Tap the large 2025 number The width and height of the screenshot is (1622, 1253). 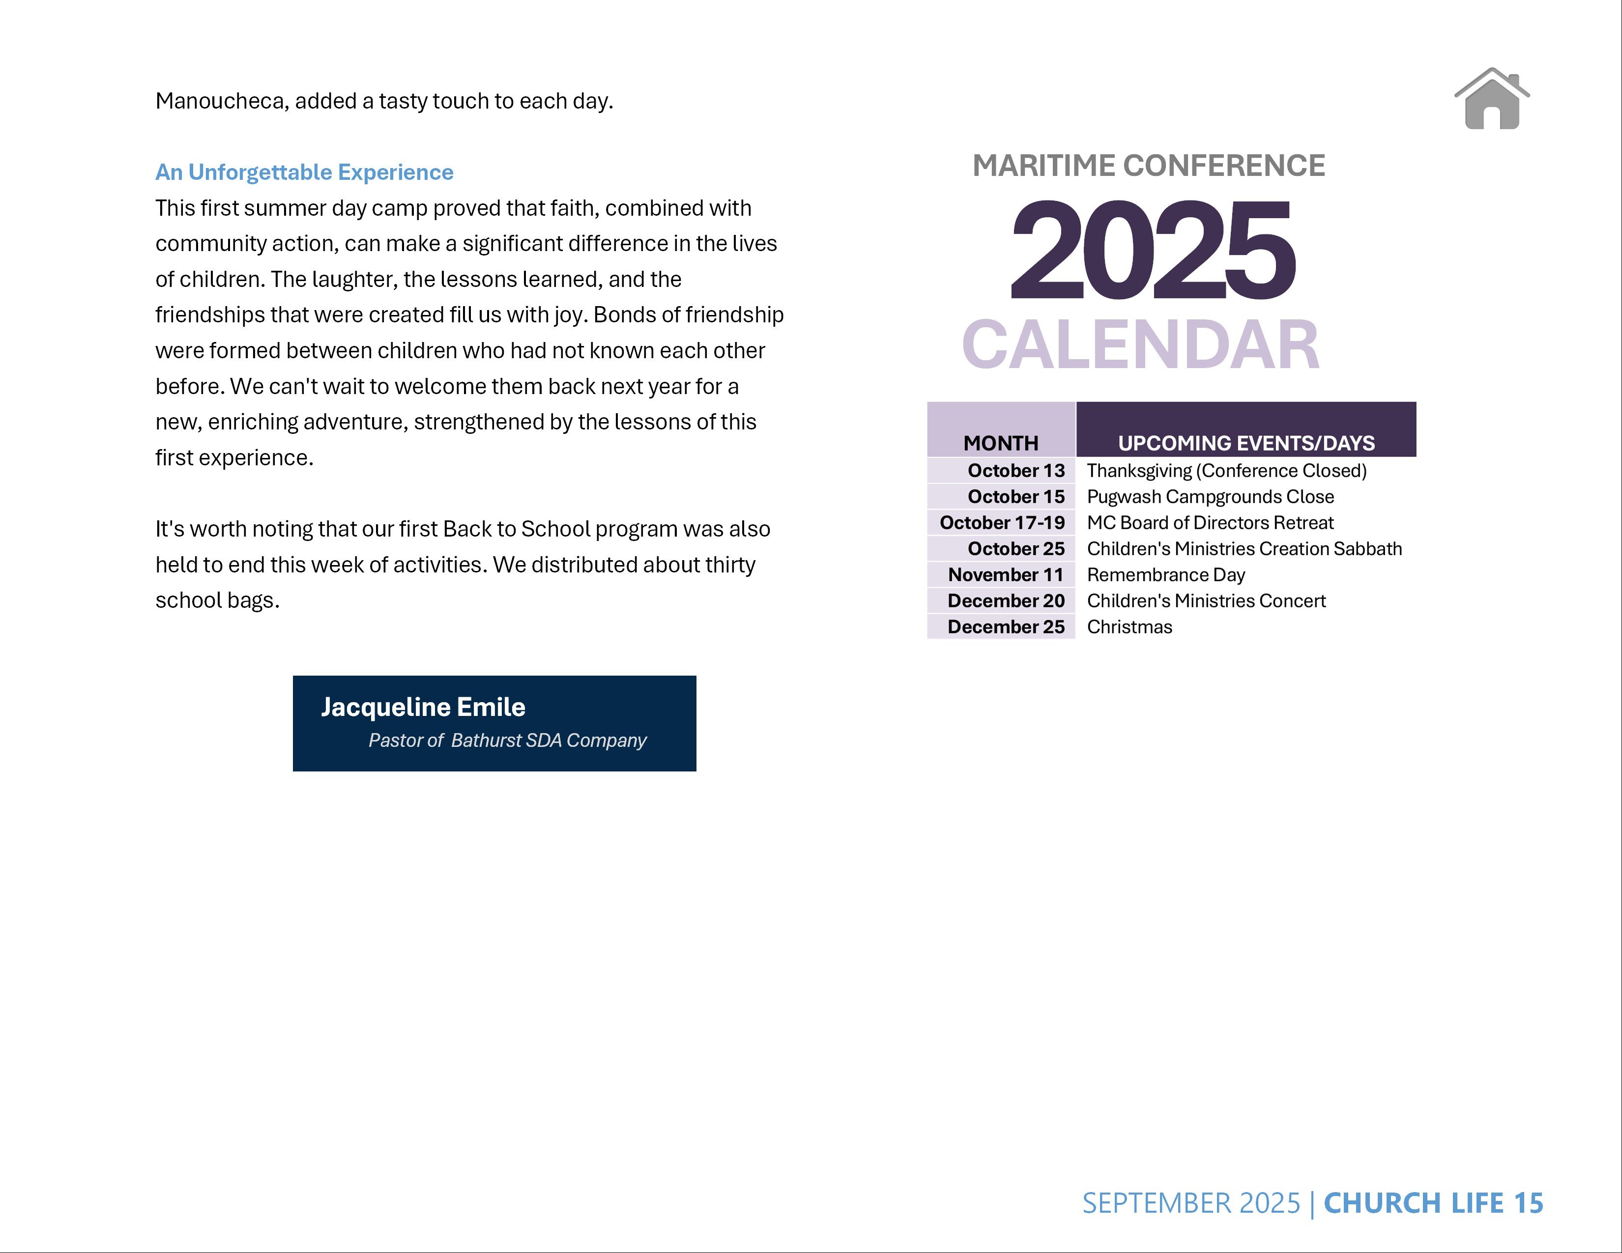point(1153,250)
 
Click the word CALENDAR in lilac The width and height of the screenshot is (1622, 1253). point(1141,345)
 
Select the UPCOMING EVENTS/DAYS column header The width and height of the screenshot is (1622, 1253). point(1246,443)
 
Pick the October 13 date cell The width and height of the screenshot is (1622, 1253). point(1015,471)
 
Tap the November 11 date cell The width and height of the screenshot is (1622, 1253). point(1006,574)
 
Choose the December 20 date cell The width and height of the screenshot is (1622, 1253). point(1006,600)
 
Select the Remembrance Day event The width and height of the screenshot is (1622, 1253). point(1165,574)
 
